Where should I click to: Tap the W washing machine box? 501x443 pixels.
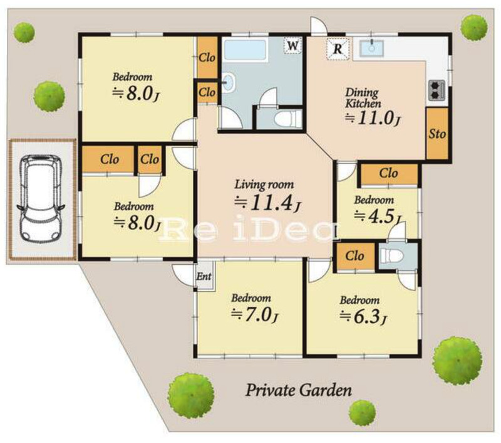tap(292, 46)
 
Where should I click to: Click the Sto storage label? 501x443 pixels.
tap(436, 134)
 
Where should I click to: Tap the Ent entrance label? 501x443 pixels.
tap(204, 276)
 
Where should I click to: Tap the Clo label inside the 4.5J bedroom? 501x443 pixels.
tap(388, 173)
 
